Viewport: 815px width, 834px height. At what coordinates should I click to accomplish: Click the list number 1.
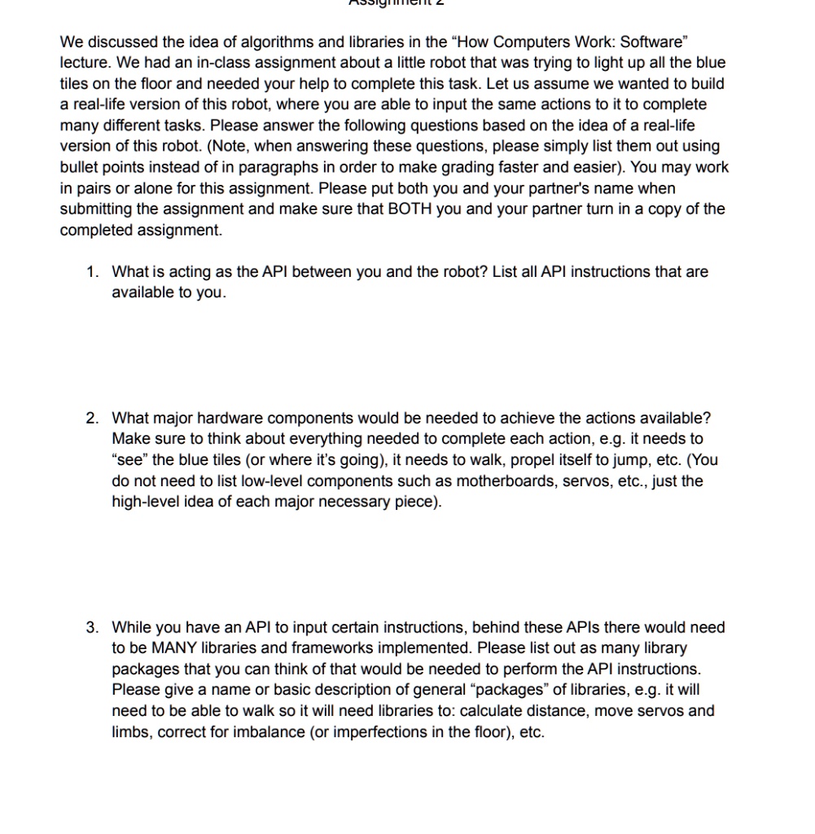coord(93,272)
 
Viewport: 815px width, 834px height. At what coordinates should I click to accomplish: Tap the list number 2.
coord(93,419)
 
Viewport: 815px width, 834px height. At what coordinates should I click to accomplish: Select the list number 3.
coord(93,628)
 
